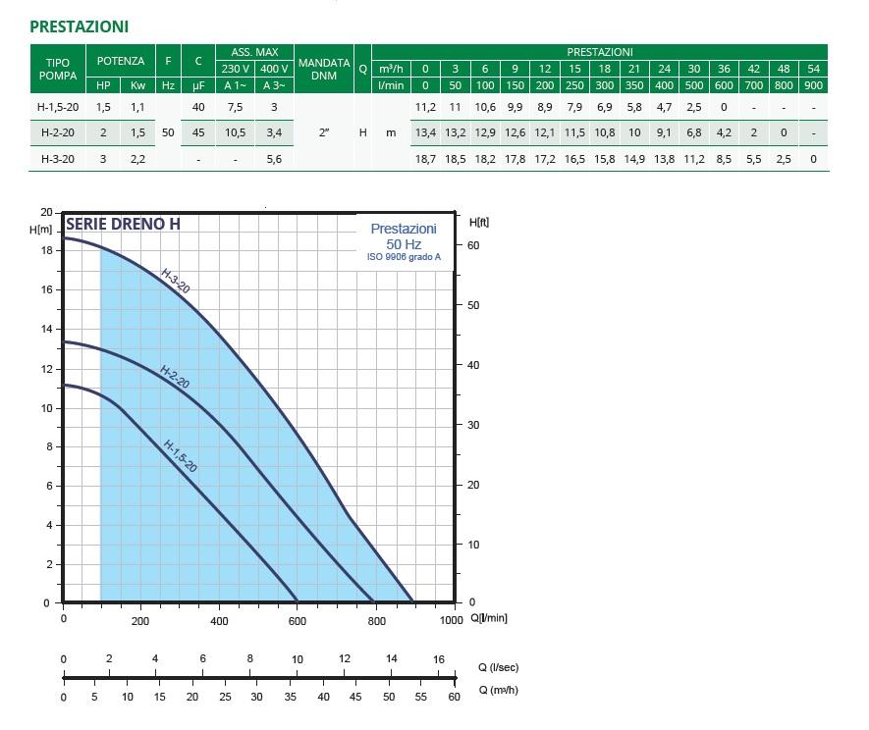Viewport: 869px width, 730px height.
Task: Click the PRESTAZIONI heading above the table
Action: coord(79,26)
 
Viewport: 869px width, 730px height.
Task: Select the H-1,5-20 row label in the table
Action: coord(57,107)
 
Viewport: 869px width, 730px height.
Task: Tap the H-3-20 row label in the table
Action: coord(57,158)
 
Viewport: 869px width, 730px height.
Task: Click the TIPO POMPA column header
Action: coord(57,69)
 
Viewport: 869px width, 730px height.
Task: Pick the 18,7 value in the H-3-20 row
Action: coord(425,158)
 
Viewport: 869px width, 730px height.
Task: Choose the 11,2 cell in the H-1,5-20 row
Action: coord(425,107)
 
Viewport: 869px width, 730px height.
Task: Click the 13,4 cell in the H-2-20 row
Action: coord(425,132)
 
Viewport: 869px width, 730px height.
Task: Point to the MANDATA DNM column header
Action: coord(324,69)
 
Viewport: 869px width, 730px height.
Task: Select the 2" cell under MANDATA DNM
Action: coord(324,132)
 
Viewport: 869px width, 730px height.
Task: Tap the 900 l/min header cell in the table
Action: coord(813,85)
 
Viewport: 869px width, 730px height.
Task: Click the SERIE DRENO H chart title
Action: coord(123,224)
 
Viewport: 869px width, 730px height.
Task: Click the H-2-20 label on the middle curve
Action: coord(174,376)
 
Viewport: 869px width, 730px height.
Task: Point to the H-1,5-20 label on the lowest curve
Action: coord(180,455)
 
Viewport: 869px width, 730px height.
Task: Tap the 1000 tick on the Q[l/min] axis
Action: coord(451,620)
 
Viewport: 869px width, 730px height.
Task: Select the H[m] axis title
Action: coord(41,229)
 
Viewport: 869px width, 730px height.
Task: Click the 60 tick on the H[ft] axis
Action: coord(472,245)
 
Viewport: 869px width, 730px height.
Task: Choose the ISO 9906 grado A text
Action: coord(404,258)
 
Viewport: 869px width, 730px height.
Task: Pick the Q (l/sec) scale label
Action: coord(498,667)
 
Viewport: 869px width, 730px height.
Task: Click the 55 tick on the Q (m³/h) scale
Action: coord(421,697)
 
